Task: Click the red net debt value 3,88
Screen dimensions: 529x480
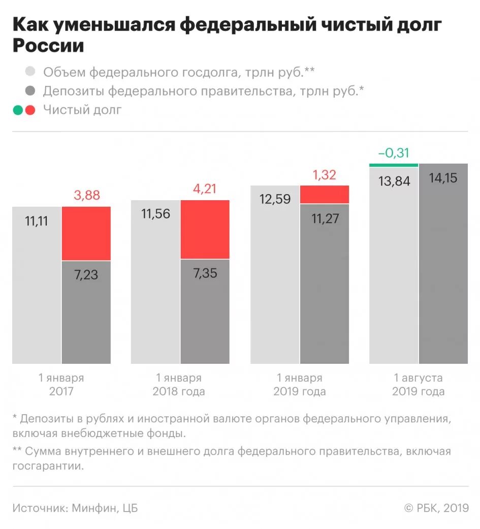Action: pyautogui.click(x=86, y=195)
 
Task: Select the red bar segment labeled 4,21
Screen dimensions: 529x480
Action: pyautogui.click(x=205, y=230)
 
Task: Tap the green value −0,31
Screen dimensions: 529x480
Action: pyautogui.click(x=394, y=153)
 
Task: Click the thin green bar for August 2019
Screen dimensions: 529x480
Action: pyautogui.click(x=394, y=165)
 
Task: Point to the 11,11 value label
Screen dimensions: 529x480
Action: pyautogui.click(x=36, y=221)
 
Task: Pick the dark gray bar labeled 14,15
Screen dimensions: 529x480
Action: pyautogui.click(x=443, y=264)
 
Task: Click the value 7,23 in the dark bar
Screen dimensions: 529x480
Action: pyautogui.click(x=86, y=275)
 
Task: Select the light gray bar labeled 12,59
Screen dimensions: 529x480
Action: pyautogui.click(x=275, y=274)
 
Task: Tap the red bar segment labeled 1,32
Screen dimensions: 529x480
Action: pyautogui.click(x=325, y=194)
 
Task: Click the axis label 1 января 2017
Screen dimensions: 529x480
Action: pyautogui.click(x=61, y=385)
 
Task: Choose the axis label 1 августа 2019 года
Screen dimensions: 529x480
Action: pyautogui.click(x=418, y=385)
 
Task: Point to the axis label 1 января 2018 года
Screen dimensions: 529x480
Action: pyautogui.click(x=179, y=385)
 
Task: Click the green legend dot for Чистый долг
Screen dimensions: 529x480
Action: pyautogui.click(x=18, y=110)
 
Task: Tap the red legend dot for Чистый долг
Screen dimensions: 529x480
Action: pyautogui.click(x=30, y=110)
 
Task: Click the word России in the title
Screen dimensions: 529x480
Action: pyautogui.click(x=48, y=46)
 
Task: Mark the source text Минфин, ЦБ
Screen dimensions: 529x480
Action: pyautogui.click(x=105, y=508)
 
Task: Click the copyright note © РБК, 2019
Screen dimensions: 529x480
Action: pyautogui.click(x=436, y=508)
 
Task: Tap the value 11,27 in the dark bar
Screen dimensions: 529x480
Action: pyautogui.click(x=325, y=219)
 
